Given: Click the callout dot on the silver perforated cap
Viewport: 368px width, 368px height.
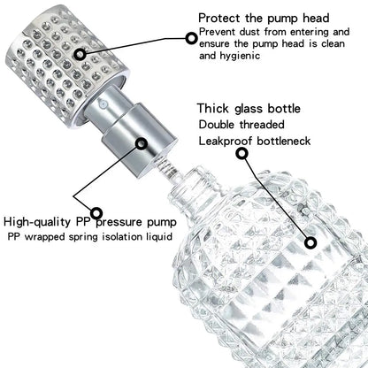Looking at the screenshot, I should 80,53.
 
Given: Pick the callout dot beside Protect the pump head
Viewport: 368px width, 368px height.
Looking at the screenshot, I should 189,36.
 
